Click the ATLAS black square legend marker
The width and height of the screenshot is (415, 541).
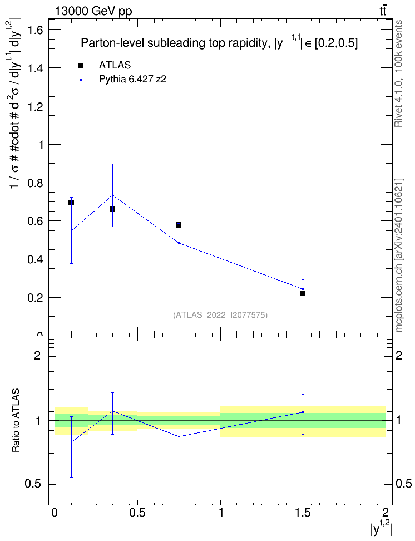pyautogui.click(x=81, y=66)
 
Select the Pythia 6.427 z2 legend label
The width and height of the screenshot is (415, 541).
pyautogui.click(x=132, y=80)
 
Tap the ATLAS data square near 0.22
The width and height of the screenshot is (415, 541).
pyautogui.click(x=303, y=293)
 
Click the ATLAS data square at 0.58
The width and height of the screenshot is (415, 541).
pyautogui.click(x=179, y=225)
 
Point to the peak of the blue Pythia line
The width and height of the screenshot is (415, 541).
pyautogui.click(x=112, y=195)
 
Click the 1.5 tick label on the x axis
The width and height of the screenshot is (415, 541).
pyautogui.click(x=303, y=512)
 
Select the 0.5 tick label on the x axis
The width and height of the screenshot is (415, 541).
pyautogui.click(x=137, y=512)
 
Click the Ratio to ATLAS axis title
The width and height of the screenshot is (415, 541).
pyautogui.click(x=16, y=420)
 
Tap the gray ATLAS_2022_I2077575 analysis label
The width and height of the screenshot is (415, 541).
pyautogui.click(x=220, y=315)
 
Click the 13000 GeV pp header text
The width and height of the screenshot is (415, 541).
pyautogui.click(x=93, y=11)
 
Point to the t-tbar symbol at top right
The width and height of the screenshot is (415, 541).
pyautogui.click(x=383, y=11)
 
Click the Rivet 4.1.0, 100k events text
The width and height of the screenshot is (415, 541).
pyautogui.click(x=398, y=73)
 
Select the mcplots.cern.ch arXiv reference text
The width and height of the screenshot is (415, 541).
pyautogui.click(x=398, y=255)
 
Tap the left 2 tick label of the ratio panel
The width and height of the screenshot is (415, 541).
pyautogui.click(x=37, y=355)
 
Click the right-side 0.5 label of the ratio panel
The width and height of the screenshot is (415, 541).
pyautogui.click(x=403, y=484)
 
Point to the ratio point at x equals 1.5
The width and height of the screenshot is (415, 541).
pyautogui.click(x=303, y=412)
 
